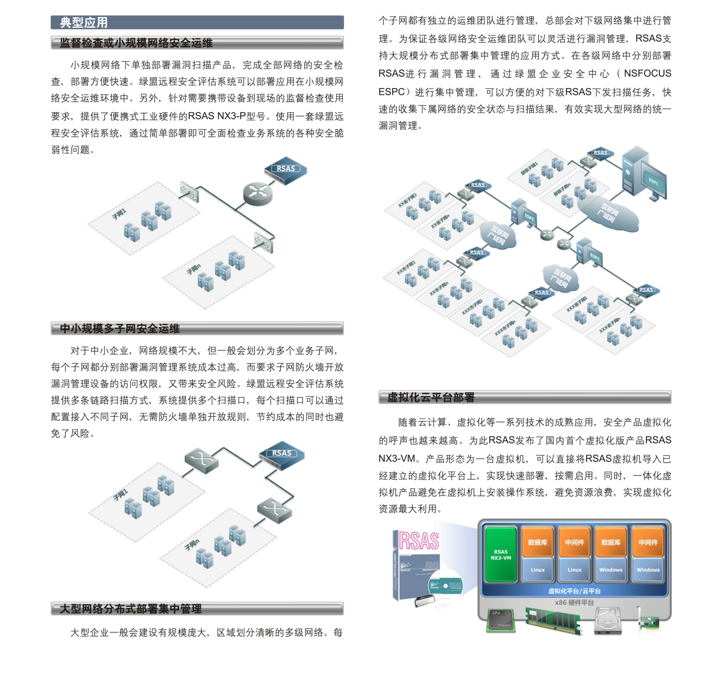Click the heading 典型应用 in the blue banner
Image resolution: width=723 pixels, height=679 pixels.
(x=84, y=22)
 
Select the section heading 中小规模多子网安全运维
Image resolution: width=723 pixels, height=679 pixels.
(x=120, y=329)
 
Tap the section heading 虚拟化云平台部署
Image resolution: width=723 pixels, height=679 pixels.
(x=431, y=397)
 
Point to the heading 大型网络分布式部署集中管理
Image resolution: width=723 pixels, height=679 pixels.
(x=130, y=609)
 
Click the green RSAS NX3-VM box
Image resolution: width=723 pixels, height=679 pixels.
(x=501, y=555)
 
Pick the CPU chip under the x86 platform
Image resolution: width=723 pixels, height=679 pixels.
(x=501, y=620)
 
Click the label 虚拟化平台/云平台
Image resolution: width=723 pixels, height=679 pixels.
(x=574, y=591)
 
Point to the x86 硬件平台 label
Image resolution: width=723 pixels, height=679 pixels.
(x=574, y=602)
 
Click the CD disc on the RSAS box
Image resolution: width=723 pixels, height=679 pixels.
(x=445, y=585)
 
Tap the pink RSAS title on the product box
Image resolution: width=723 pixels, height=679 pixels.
(x=419, y=541)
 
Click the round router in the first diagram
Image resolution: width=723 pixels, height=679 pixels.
(x=258, y=193)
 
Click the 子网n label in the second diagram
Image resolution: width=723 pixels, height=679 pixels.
(x=192, y=544)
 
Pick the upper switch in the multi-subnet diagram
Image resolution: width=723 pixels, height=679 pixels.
(x=201, y=458)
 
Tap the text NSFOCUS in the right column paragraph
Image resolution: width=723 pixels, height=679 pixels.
(x=647, y=73)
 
